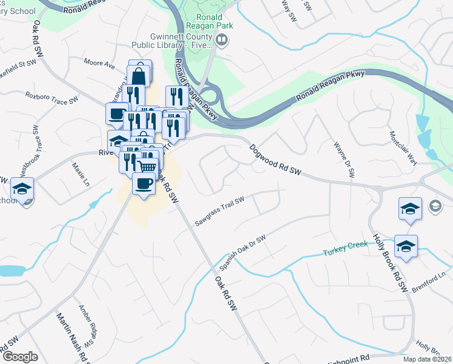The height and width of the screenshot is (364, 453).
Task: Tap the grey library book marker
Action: coord(222,41)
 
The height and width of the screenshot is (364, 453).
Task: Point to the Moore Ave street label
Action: coord(99,63)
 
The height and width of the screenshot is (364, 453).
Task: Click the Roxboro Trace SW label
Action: coord(51,97)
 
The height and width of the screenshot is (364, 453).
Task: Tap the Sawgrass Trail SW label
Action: coord(219,211)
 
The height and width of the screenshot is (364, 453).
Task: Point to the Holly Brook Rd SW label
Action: coord(389,263)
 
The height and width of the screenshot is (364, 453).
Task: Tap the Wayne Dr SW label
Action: coord(343,160)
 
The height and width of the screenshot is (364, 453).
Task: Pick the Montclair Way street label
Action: coord(403,148)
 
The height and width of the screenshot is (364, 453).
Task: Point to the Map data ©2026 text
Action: coord(426,359)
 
